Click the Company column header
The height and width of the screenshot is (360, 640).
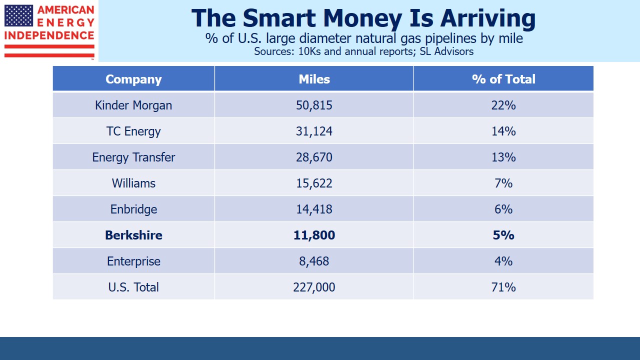133,79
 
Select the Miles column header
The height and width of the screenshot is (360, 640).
314,79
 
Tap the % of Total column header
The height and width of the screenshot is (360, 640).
503,79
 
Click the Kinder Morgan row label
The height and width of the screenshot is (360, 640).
133,105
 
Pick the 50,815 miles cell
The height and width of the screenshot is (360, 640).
314,105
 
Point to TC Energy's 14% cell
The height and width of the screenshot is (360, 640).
503,131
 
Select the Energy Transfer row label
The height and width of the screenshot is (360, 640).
133,157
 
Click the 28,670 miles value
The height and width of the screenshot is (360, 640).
314,157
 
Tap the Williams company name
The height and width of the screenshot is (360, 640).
133,183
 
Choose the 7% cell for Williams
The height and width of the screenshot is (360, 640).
503,183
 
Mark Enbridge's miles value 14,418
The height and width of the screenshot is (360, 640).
314,209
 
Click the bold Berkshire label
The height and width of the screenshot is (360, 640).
133,235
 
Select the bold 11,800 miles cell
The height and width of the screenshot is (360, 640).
314,235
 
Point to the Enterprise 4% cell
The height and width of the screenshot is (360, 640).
503,261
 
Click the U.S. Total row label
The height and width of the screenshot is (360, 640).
133,287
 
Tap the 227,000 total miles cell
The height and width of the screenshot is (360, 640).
314,287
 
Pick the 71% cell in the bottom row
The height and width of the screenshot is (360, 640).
503,287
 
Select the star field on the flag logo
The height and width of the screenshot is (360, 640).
18,15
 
